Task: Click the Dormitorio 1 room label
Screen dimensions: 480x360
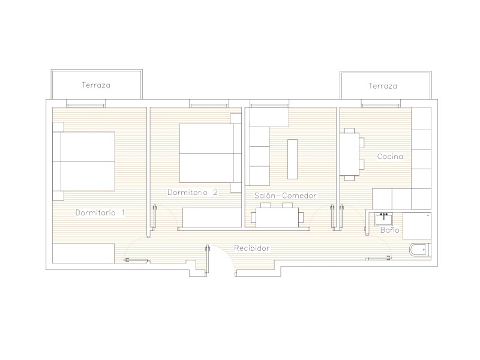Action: [100, 212]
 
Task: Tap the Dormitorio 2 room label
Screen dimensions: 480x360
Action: [193, 192]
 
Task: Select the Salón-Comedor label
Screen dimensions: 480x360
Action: [286, 196]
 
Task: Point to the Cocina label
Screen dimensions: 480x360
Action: [389, 157]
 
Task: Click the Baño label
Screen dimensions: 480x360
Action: [389, 230]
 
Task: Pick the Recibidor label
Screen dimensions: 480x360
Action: [251, 248]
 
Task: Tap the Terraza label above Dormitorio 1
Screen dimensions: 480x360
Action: [96, 85]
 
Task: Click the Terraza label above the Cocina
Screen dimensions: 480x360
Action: [383, 86]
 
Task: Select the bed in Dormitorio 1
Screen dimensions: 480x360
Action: [83, 161]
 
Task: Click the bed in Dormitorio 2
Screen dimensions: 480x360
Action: [211, 153]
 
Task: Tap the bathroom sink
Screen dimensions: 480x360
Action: [384, 219]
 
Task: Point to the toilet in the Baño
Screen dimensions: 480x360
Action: [420, 250]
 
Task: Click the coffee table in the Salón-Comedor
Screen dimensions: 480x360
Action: [292, 159]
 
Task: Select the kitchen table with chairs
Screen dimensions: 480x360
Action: [352, 154]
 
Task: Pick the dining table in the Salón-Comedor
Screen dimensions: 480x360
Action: [277, 216]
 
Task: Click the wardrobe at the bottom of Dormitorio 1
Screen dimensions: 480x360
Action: [83, 253]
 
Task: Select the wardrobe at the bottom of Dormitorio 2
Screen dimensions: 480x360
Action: [212, 217]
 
